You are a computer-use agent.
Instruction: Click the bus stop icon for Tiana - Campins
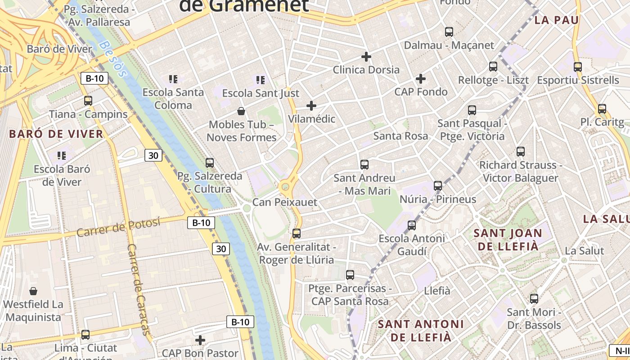[x=88, y=101]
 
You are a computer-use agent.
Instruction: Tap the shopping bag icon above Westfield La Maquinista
[x=33, y=291]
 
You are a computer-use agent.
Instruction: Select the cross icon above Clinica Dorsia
[x=366, y=57]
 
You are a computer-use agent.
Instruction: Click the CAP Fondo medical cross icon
[x=421, y=79]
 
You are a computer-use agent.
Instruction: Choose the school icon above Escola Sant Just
[x=261, y=80]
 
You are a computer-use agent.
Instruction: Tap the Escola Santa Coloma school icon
[x=173, y=79]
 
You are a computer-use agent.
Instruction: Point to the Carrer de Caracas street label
[x=139, y=289]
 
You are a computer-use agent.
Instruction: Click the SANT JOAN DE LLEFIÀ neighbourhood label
[x=508, y=239]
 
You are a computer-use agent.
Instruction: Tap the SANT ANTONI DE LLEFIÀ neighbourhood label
[x=420, y=330]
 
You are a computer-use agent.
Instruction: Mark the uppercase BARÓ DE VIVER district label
[x=56, y=134]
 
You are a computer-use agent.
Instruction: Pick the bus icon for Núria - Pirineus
[x=438, y=185]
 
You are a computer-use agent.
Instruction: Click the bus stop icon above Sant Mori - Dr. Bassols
[x=534, y=298]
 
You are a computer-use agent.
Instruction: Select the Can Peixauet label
[x=284, y=202]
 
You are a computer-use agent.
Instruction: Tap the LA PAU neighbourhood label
[x=557, y=20]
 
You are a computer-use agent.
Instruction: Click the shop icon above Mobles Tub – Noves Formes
[x=241, y=111]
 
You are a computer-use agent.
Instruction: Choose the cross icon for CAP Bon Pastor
[x=200, y=340]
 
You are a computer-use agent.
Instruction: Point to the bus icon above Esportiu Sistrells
[x=578, y=67]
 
